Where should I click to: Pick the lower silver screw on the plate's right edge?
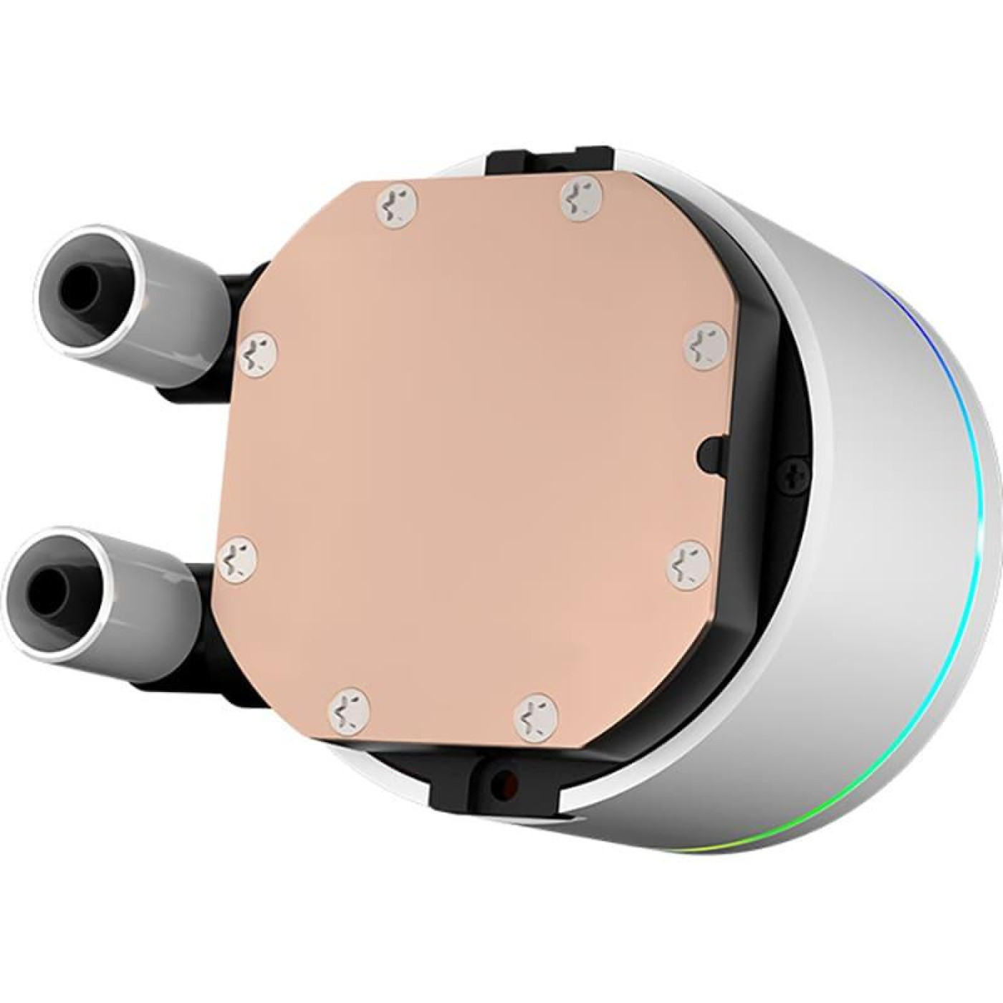click(x=688, y=565)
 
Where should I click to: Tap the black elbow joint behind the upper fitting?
click(x=240, y=287)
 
